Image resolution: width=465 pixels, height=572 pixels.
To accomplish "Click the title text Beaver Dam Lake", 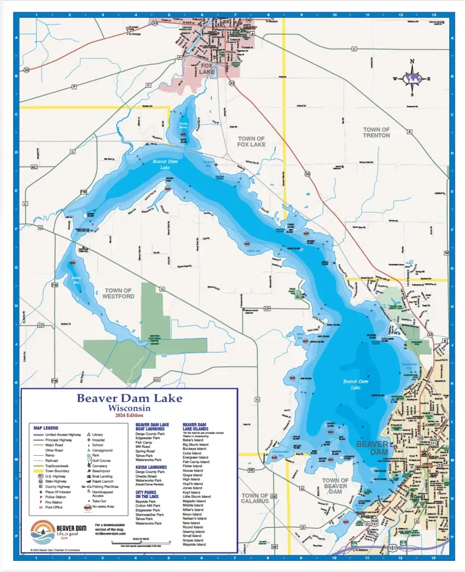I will click(x=129, y=398).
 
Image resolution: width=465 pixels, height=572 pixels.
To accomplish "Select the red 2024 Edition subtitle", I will click(x=129, y=416).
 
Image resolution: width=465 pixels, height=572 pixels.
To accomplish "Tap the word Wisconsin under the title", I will click(x=129, y=408).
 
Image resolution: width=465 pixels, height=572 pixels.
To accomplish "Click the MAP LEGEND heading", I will click(x=46, y=428).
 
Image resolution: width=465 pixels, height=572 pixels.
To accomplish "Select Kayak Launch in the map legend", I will click(x=102, y=481).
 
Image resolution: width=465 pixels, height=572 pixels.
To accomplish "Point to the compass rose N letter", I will click(x=413, y=62).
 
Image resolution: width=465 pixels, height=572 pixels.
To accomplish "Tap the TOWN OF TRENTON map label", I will click(x=376, y=132).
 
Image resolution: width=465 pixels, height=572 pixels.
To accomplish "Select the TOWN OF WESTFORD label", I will click(x=118, y=293).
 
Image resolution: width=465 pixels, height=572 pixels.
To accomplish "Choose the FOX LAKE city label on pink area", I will click(x=207, y=69).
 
